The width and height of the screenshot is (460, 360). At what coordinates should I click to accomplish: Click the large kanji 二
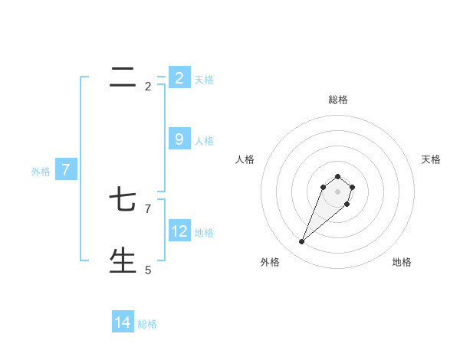click(123, 77)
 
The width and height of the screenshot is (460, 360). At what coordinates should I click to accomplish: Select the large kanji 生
click(123, 260)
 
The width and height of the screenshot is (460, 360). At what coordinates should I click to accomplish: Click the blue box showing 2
click(179, 77)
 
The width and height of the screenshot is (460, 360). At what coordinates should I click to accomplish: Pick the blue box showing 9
click(179, 139)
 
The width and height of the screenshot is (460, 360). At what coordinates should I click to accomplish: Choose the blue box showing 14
click(123, 322)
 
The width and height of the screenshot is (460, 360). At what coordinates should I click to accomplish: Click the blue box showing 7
click(65, 169)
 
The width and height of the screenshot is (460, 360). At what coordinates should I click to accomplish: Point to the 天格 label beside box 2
click(204, 80)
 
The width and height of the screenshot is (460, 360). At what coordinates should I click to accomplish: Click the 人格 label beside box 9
click(204, 141)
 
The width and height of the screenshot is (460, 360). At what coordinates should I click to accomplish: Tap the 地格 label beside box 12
click(204, 232)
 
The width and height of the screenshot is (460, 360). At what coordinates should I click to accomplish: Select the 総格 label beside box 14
click(147, 325)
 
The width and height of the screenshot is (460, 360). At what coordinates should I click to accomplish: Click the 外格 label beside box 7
click(41, 172)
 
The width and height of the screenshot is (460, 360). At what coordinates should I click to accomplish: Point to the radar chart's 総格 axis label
click(338, 100)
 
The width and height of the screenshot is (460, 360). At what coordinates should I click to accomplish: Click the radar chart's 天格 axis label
click(431, 159)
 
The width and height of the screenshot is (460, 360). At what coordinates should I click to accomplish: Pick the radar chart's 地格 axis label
click(402, 262)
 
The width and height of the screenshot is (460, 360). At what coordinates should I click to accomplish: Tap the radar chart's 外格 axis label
click(270, 262)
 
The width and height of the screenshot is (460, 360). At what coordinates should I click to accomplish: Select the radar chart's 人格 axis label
click(245, 159)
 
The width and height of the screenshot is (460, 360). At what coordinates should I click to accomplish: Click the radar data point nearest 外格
click(302, 241)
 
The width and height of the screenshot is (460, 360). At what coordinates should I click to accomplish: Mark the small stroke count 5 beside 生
click(148, 270)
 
